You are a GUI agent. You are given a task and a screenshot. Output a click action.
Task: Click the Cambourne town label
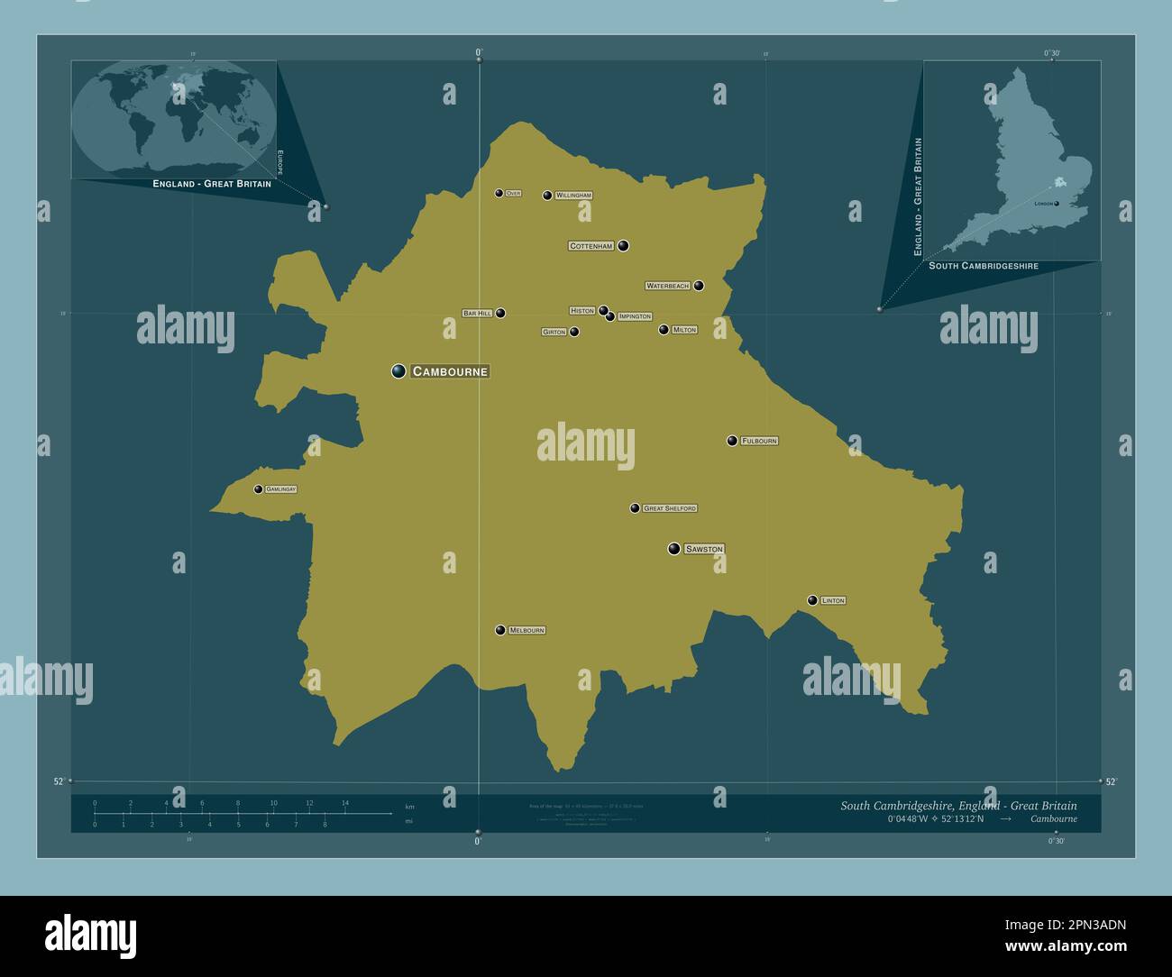pyautogui.click(x=450, y=371)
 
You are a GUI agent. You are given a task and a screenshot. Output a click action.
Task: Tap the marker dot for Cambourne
pyautogui.click(x=398, y=370)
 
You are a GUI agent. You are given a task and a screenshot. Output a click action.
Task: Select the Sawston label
pyautogui.click(x=704, y=549)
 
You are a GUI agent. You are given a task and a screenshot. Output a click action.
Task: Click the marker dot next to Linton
pyautogui.click(x=812, y=600)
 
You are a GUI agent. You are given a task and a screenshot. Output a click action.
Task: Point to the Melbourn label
pyautogui.click(x=526, y=630)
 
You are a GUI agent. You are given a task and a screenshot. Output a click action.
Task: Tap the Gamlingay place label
pyautogui.click(x=280, y=489)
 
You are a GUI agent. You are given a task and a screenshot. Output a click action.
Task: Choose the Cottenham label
pyautogui.click(x=591, y=246)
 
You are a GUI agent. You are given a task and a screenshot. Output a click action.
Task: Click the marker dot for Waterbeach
pyautogui.click(x=699, y=286)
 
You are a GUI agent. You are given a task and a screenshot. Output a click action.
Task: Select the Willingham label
pyautogui.click(x=573, y=196)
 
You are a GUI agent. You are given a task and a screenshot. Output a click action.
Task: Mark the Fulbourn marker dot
pyautogui.click(x=732, y=441)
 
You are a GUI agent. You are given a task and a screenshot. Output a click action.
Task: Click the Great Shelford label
pyautogui.click(x=670, y=508)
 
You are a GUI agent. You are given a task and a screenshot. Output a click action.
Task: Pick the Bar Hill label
pyautogui.click(x=477, y=314)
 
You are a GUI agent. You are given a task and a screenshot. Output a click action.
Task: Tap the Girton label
pyautogui.click(x=554, y=332)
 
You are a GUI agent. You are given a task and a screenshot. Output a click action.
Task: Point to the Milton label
pyautogui.click(x=684, y=330)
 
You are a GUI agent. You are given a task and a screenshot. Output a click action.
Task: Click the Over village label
pyautogui.click(x=513, y=194)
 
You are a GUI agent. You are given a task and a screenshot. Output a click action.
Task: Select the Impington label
pyautogui.click(x=635, y=317)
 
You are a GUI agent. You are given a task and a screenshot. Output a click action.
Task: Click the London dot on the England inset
pyautogui.click(x=1057, y=204)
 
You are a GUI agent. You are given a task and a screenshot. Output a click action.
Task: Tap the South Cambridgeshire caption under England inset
pyautogui.click(x=984, y=266)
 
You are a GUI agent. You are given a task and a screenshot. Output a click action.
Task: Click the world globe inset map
pyautogui.click(x=174, y=119)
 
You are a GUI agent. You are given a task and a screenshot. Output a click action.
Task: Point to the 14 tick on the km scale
pyautogui.click(x=344, y=802)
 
